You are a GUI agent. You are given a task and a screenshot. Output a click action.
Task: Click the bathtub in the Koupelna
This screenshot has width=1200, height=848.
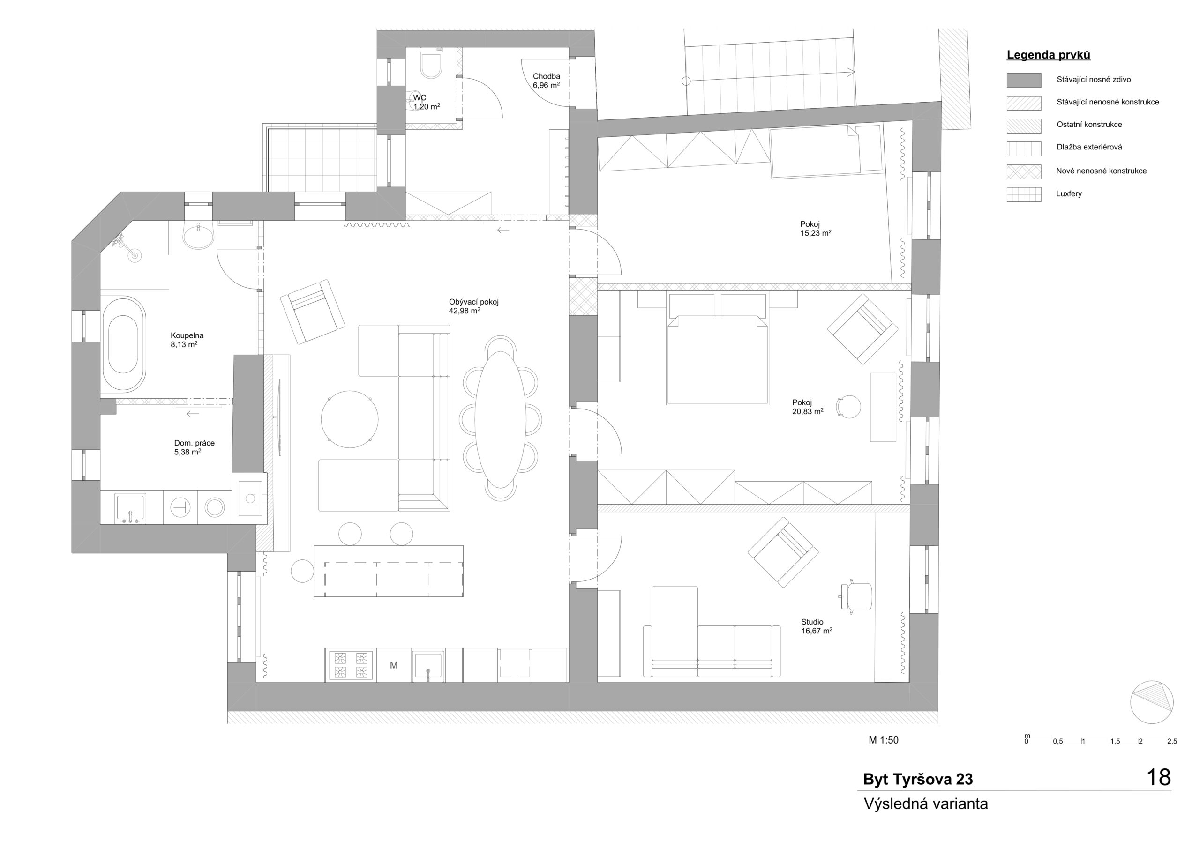(123, 344)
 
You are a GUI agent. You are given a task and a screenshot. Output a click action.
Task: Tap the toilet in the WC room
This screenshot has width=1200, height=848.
(431, 65)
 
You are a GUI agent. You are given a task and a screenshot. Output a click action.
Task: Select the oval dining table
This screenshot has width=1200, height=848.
(500, 419)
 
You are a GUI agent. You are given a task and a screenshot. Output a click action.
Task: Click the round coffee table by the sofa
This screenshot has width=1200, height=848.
(349, 419)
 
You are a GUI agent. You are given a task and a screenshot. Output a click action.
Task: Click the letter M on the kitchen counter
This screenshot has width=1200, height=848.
(394, 665)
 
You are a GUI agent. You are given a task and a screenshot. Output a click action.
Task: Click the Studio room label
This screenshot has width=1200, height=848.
(812, 622)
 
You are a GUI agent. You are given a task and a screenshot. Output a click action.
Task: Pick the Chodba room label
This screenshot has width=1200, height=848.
(546, 76)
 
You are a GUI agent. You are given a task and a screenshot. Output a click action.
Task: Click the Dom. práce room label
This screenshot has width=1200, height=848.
(195, 443)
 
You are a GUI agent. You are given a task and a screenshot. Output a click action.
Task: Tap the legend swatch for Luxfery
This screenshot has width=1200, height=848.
(1023, 194)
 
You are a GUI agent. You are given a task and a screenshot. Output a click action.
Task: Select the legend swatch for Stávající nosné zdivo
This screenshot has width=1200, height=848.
(1023, 80)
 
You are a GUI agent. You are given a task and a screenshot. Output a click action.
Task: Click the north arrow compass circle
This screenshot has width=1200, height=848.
(1151, 702)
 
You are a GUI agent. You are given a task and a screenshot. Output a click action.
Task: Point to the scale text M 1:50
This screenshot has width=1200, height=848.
(883, 740)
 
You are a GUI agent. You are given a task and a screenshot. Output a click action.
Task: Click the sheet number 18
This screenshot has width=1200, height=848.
(1158, 777)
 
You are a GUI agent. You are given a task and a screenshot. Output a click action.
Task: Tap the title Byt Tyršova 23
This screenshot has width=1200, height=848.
(918, 779)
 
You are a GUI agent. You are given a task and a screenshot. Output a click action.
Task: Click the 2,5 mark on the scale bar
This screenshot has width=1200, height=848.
(1172, 741)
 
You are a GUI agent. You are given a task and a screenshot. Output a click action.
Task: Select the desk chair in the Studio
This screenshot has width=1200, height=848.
(858, 595)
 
